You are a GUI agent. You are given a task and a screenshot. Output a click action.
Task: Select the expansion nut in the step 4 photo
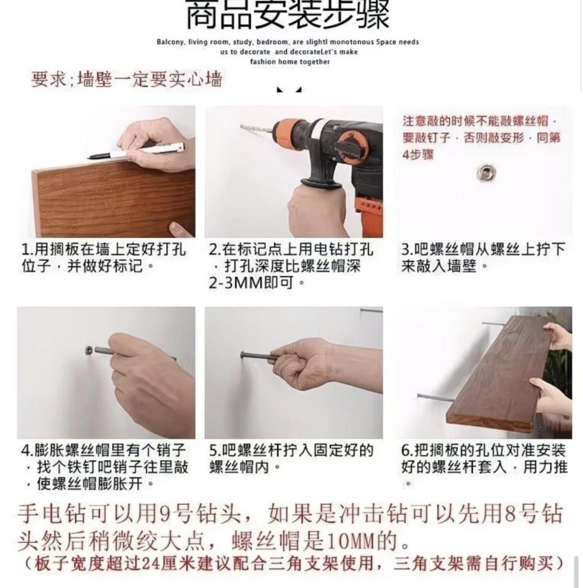pos(90,351)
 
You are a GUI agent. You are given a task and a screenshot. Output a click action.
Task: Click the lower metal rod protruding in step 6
pos(435,398)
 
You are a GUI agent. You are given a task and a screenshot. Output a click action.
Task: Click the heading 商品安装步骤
pos(288,15)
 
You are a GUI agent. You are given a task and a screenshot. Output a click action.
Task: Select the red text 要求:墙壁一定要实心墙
pos(127,80)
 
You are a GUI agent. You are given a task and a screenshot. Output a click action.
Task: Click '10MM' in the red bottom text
pos(348,542)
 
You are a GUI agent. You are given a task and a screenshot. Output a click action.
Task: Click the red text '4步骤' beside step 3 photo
pos(418,154)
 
